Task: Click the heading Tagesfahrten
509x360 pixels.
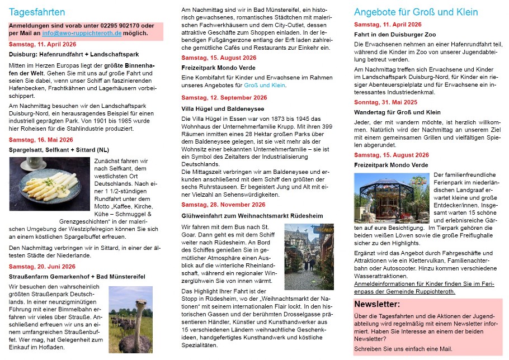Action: coord(37,12)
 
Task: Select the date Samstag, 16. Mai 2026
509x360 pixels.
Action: coord(41,140)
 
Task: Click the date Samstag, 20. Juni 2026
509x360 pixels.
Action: coord(43,267)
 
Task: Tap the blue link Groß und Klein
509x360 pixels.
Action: coord(265,86)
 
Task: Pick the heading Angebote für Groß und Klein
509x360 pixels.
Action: coord(416,12)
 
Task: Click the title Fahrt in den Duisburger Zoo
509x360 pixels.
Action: coord(394,35)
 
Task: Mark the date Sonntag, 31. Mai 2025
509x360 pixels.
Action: coord(385,102)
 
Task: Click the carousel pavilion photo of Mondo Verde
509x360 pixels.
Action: coord(392,199)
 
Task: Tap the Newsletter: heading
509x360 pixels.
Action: coord(377,305)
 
